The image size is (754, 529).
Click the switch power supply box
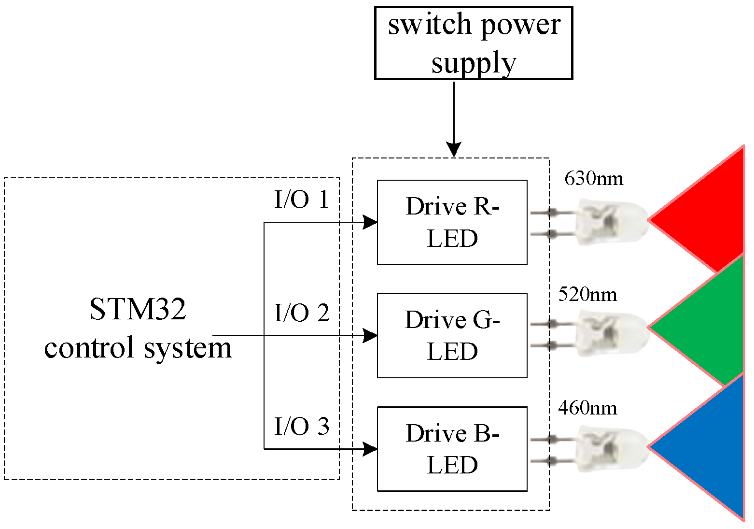[x=474, y=43]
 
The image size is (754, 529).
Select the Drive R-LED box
[x=452, y=222]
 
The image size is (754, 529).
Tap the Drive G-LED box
[x=452, y=335]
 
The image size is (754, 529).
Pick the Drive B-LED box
[x=452, y=449]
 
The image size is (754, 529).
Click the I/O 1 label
[x=302, y=200]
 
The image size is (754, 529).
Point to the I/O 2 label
[x=302, y=313]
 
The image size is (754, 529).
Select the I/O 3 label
[x=302, y=426]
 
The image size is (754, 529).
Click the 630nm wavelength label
[x=594, y=179]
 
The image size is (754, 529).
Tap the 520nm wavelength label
[x=587, y=294]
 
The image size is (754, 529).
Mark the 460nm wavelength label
[x=587, y=408]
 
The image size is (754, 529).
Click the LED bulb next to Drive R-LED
[x=611, y=222]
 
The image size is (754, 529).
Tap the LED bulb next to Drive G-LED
[x=611, y=333]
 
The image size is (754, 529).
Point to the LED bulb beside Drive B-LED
[x=611, y=448]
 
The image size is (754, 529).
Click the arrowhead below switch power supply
[x=454, y=150]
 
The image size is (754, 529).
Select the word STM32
[x=138, y=309]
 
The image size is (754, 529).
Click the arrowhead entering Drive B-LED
[x=370, y=449]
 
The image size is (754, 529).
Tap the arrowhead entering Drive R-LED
[x=370, y=222]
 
